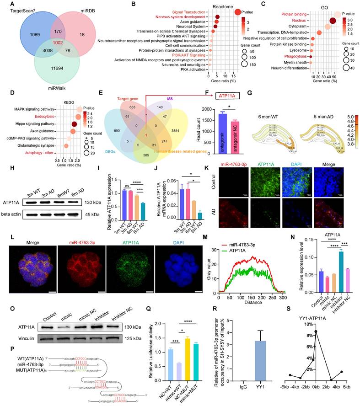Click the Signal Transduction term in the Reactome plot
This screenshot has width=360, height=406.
coord(187,12)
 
